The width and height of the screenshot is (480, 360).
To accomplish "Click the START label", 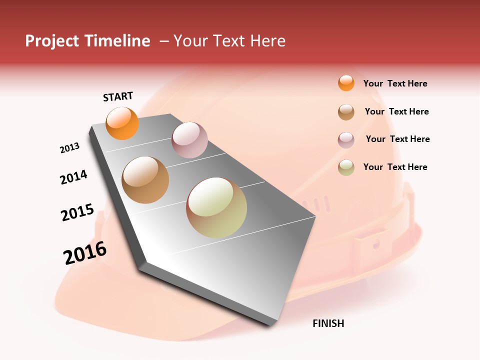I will (x=118, y=96).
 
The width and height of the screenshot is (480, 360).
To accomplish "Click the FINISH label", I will (x=328, y=323).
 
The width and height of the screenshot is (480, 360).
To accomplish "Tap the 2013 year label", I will (x=70, y=148).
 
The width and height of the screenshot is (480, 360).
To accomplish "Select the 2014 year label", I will (x=74, y=177).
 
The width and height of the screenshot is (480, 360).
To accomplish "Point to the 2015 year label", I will (x=77, y=212).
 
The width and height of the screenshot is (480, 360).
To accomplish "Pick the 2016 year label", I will (x=85, y=252).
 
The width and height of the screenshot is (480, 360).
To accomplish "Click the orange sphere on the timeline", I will (x=122, y=123).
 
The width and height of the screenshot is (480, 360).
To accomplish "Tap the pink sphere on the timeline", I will (x=189, y=140).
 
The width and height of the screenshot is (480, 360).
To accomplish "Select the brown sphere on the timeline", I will (x=145, y=180).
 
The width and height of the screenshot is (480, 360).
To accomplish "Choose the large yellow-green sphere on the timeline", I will (x=216, y=208).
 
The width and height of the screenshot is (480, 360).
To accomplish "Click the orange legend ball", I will (x=346, y=83).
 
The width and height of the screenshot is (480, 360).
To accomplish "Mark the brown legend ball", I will (x=346, y=112).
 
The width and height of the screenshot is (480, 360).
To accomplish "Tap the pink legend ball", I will (x=346, y=140).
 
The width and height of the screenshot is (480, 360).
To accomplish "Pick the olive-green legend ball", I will (x=346, y=167).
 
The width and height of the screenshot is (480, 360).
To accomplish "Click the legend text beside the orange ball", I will (x=395, y=83).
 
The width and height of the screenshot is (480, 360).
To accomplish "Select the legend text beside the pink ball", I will (x=397, y=139).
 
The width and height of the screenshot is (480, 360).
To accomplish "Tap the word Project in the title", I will (x=51, y=41).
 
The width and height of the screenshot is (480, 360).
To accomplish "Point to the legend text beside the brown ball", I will (x=396, y=111).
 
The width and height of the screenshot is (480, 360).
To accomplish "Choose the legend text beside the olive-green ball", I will (x=395, y=167).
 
